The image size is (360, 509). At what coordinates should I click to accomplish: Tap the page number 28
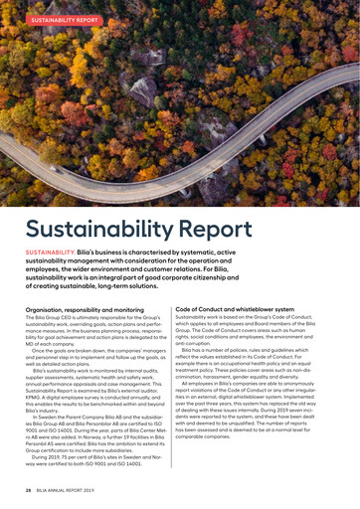[x=28, y=490]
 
